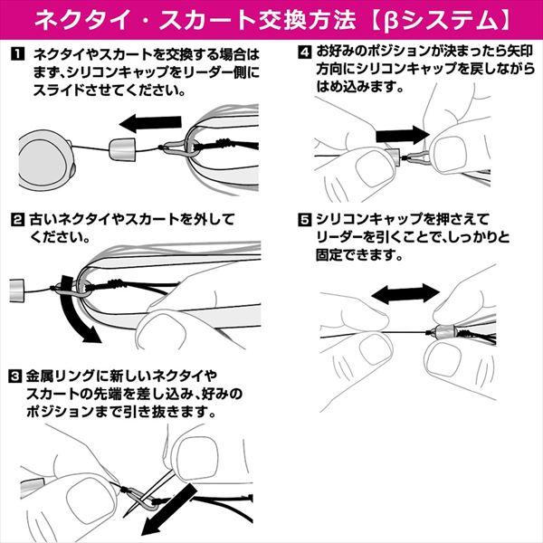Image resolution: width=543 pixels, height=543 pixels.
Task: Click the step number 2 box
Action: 17,220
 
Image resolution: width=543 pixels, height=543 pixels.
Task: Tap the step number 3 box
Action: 17,375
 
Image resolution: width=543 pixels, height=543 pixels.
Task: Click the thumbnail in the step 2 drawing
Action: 160,328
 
